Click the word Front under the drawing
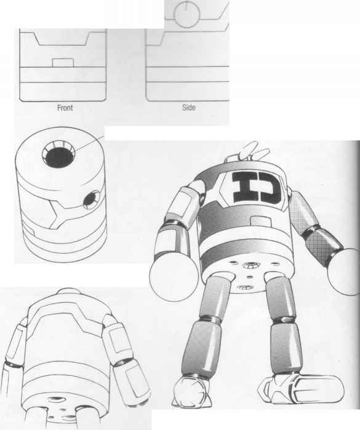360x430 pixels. pyautogui.click(x=65, y=108)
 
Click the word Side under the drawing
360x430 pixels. pyautogui.click(x=189, y=107)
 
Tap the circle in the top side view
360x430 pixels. pyautogui.click(x=187, y=15)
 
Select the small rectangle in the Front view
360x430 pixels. pyautogui.click(x=63, y=63)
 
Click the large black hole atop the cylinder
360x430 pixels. pyautogui.click(x=60, y=158)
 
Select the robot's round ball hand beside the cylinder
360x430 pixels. pyautogui.click(x=174, y=277)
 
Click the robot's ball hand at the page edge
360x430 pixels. pyautogui.click(x=345, y=272)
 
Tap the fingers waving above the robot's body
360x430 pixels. pyautogui.click(x=254, y=150)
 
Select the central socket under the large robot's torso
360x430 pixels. pyautogui.click(x=250, y=265)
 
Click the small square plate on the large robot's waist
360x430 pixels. pyautogui.click(x=260, y=222)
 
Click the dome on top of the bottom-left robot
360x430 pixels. pyautogui.click(x=68, y=291)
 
